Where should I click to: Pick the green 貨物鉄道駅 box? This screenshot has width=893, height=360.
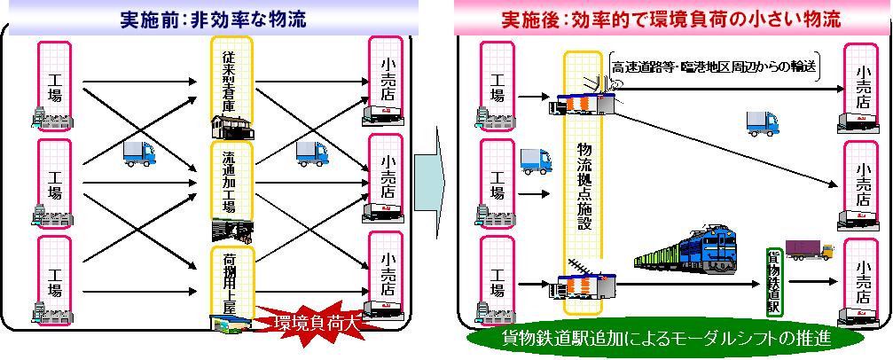pos(772,281)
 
